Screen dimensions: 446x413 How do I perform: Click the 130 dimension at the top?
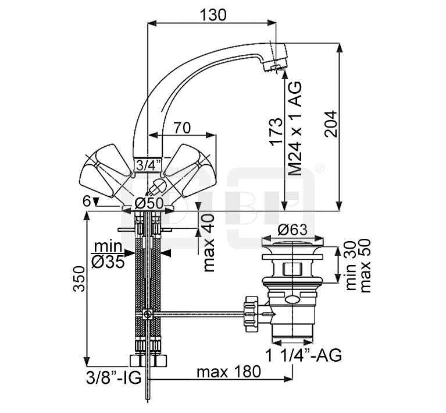point(213,15)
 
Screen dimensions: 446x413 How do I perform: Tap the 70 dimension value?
point(183,128)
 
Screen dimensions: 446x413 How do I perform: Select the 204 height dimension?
point(331,124)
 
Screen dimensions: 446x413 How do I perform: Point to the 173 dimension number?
point(276,132)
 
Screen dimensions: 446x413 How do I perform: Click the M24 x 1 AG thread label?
point(295,128)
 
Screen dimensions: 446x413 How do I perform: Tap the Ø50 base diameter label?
point(149,203)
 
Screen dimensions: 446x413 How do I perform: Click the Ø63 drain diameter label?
point(292,230)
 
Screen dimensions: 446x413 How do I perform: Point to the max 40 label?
point(209,243)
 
